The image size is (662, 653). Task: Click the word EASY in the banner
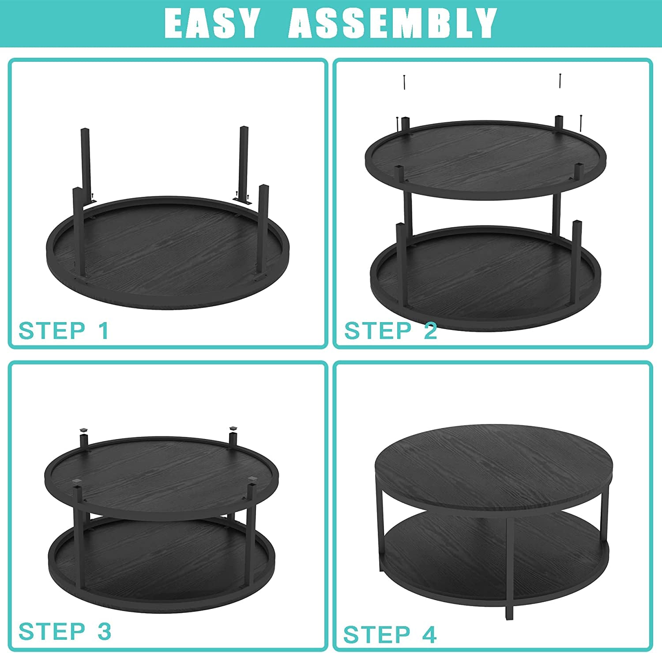[x=211, y=23]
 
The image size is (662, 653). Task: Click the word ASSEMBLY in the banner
[x=393, y=23]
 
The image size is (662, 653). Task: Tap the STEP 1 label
[x=64, y=330]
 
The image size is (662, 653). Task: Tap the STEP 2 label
[x=390, y=330]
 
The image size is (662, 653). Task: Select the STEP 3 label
[x=65, y=631]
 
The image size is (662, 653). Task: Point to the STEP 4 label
[x=390, y=634]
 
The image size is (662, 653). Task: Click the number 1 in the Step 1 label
[x=104, y=330]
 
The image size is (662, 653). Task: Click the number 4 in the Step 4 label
[x=429, y=634]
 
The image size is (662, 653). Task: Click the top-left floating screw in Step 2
[x=404, y=82]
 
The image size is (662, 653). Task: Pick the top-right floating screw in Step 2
[x=560, y=81]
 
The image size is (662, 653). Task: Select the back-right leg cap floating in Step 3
[x=233, y=428]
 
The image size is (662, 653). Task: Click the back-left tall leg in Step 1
[x=85, y=163]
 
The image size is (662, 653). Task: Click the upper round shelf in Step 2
[x=486, y=159]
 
